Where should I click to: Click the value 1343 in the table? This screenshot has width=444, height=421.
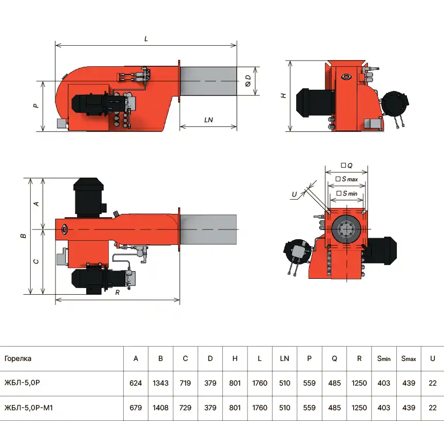point(161,383)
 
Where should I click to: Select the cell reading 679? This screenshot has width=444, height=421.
point(136,408)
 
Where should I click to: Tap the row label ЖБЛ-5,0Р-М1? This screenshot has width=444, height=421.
point(29,408)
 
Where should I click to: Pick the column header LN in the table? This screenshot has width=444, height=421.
point(284,358)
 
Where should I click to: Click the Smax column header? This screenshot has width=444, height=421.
point(409,359)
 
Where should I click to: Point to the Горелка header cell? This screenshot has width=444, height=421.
point(18,359)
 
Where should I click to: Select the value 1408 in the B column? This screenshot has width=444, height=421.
point(161,408)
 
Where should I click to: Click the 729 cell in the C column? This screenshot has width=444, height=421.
point(185,408)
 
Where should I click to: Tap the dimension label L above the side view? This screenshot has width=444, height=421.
point(146,39)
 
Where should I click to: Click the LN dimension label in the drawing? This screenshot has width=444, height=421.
point(208,120)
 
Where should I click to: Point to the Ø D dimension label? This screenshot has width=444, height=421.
point(248,81)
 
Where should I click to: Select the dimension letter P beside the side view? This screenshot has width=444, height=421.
point(36,106)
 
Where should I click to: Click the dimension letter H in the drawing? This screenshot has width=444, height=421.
point(283,96)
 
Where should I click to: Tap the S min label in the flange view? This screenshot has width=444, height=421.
point(347,194)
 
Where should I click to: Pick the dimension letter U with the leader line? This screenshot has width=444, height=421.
point(295,195)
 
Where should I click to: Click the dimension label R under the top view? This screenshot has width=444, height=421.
point(118,292)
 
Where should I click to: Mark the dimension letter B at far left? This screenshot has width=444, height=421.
point(24,236)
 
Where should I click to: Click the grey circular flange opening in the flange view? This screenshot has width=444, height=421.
point(346,228)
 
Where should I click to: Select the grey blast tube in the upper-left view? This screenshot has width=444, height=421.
point(208,81)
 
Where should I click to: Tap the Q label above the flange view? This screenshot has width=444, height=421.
point(347,165)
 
